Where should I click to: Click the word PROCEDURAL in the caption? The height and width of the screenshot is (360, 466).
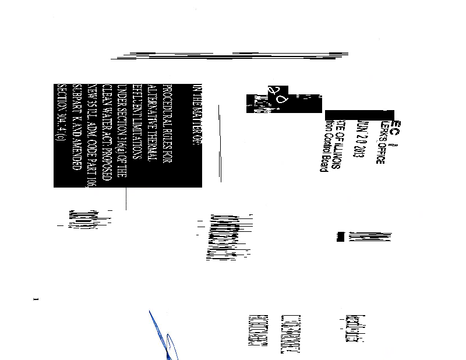(x=166, y=105)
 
